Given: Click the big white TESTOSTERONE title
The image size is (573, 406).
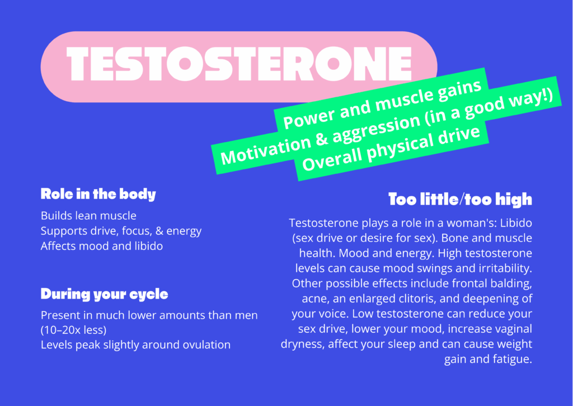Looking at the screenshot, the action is [x=239, y=64].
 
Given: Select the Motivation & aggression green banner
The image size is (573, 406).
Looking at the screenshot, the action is [x=386, y=125].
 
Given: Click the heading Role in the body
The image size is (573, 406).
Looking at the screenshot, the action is [x=98, y=194].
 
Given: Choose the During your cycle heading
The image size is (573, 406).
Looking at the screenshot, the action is [x=104, y=294].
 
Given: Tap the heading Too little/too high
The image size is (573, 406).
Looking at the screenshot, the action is [x=460, y=199].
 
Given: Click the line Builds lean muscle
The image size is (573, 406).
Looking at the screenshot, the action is [x=88, y=215].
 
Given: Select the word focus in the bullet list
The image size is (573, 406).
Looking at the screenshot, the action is [x=136, y=231].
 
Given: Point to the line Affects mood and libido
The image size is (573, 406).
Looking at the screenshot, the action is [x=102, y=246].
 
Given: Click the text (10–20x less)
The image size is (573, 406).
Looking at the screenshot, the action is [x=73, y=330].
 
